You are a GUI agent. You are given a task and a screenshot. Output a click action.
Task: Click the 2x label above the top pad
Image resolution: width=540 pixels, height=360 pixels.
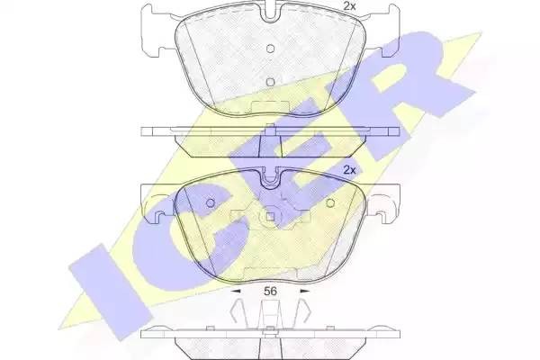tap(350, 7)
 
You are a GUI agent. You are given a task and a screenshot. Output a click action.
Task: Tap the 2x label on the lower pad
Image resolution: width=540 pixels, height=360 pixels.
tap(350, 170)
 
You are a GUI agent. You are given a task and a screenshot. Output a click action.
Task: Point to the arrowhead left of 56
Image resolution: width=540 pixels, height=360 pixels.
tap(236, 292)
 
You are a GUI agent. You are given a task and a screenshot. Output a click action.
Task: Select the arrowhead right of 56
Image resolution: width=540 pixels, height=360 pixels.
tap(303, 292)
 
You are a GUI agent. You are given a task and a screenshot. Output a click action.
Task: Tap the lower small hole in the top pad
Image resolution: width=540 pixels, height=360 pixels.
tap(271, 81)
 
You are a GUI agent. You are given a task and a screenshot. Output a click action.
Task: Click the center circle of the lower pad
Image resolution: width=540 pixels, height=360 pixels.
tap(271, 216)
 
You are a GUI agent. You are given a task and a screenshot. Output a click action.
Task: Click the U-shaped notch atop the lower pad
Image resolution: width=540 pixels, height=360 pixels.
tap(271, 181)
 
